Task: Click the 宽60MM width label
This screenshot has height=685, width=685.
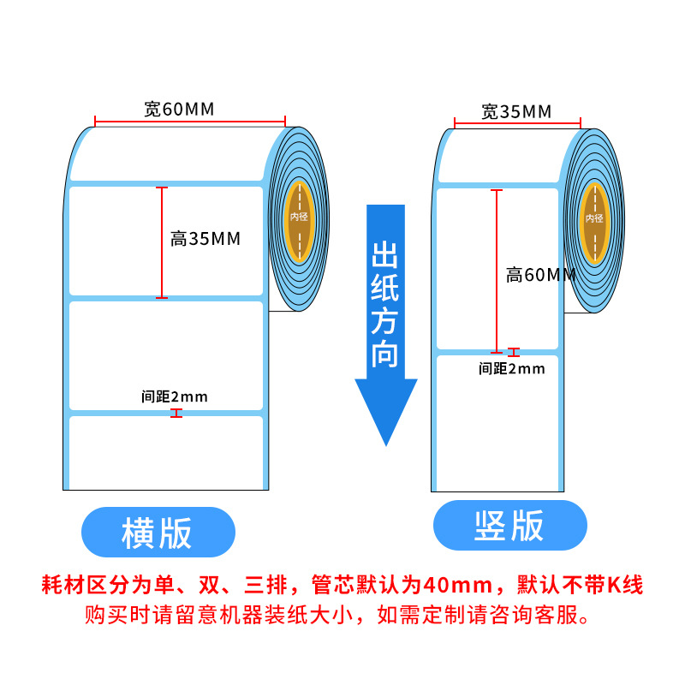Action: tap(179, 110)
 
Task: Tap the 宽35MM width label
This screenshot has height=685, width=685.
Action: tap(516, 112)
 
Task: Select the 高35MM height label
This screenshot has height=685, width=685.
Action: tap(205, 239)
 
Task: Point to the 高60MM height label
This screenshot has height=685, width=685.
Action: tap(541, 275)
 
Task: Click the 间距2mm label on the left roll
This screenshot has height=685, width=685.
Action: tap(175, 396)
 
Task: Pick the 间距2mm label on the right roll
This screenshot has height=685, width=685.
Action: tap(511, 369)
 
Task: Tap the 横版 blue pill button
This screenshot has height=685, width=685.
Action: tap(158, 532)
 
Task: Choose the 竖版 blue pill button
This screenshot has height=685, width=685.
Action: tap(509, 525)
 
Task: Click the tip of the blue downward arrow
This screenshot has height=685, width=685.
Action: tap(386, 445)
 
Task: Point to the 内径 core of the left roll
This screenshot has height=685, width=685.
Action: tap(299, 222)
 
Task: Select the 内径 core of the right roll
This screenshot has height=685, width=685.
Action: tap(594, 223)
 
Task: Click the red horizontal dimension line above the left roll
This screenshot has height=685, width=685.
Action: tap(190, 122)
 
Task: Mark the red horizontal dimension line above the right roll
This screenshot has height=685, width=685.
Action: tap(517, 123)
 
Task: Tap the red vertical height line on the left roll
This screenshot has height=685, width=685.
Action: tap(162, 243)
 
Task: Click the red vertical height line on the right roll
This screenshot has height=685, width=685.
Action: tap(497, 271)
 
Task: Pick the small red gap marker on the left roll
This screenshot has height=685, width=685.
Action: tap(176, 414)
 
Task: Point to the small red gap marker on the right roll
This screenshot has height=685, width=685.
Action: tap(514, 353)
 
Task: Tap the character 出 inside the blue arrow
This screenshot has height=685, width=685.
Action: tap(384, 255)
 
